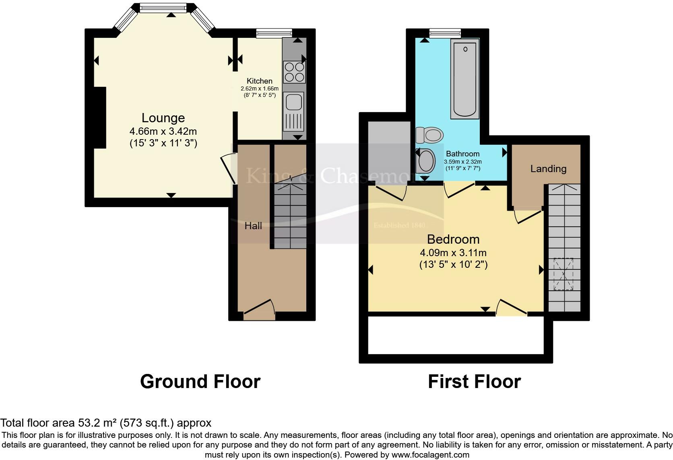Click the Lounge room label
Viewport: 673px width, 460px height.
[163, 118]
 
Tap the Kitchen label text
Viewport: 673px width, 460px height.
[259, 81]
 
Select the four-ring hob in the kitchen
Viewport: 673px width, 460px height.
[294, 72]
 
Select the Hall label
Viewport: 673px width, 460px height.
[253, 226]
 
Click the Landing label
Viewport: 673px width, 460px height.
[548, 169]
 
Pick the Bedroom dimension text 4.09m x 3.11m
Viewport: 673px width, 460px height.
[453, 253]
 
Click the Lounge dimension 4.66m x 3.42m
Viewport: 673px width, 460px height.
[163, 131]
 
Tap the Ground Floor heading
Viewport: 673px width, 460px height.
[200, 381]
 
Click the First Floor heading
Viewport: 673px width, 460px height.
[474, 381]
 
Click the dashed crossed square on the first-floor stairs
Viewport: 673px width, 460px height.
[564, 274]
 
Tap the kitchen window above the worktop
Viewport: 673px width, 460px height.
[274, 33]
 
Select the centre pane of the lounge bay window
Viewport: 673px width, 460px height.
[163, 7]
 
